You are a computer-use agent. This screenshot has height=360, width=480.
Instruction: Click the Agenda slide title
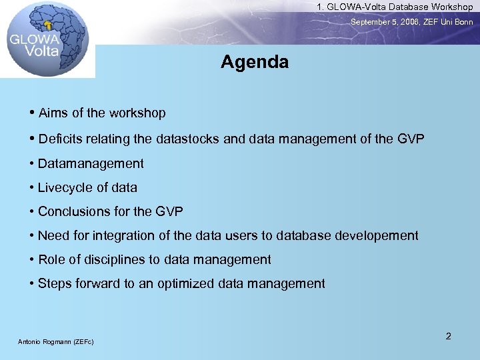coord(255,63)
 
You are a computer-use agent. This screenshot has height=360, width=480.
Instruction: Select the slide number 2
coord(448,336)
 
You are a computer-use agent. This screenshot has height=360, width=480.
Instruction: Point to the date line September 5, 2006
coord(412,22)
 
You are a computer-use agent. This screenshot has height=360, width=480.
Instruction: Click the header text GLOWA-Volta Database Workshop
coord(395,7)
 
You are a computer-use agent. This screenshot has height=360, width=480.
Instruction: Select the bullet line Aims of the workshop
coord(102,113)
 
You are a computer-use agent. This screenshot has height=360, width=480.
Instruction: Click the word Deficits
coord(61,139)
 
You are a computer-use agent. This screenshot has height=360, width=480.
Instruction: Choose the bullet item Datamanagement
coord(91,163)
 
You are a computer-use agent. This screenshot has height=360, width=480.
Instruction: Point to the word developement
coord(377,235)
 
